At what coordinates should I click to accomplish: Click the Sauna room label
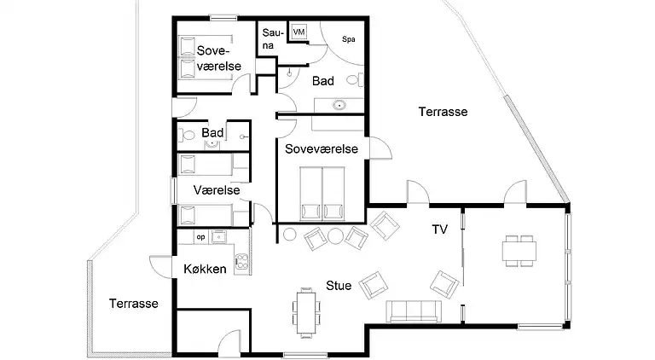click(273, 39)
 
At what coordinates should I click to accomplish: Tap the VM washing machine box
click(299, 32)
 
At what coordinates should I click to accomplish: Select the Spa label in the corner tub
click(348, 39)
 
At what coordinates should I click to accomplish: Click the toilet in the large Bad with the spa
click(355, 79)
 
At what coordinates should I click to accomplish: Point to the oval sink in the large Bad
click(339, 105)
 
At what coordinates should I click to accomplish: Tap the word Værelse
click(217, 190)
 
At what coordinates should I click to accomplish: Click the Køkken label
click(205, 269)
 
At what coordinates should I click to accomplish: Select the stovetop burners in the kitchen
click(242, 260)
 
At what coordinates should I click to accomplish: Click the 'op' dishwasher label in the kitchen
click(201, 237)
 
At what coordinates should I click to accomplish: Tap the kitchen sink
click(219, 237)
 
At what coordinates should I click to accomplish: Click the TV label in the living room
click(439, 229)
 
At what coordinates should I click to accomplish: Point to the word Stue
click(339, 286)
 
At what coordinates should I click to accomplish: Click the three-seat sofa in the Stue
click(414, 311)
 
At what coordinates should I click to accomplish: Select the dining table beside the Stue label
click(306, 312)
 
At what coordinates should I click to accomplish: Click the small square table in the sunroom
click(519, 251)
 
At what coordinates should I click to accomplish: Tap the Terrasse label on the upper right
click(443, 112)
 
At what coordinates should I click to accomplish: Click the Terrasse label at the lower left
click(134, 304)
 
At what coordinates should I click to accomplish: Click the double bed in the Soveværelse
click(322, 194)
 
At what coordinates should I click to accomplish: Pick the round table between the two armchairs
click(335, 236)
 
